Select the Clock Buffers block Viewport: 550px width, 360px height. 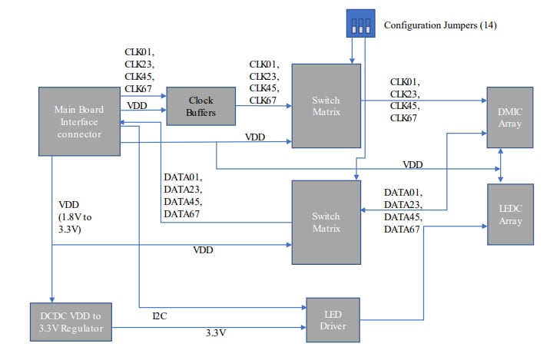[200, 107]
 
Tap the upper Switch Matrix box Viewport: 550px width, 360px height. [326, 106]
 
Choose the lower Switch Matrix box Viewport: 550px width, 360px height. [326, 222]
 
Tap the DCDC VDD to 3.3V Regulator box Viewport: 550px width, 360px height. [70, 322]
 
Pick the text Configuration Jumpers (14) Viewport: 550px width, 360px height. [440, 26]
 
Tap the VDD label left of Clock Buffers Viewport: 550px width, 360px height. [137, 105]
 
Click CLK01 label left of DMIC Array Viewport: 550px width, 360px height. [405, 81]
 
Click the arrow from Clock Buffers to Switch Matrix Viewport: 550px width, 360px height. [263, 107]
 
